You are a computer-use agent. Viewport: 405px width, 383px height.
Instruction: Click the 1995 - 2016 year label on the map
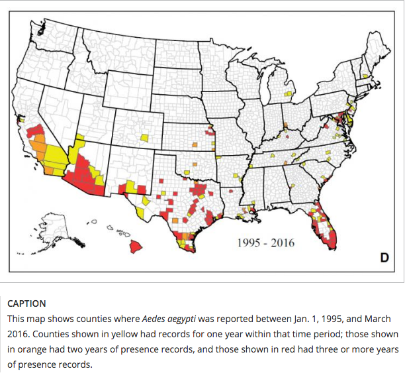tap(265, 243)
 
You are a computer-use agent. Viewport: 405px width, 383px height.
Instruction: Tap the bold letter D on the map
tap(384, 258)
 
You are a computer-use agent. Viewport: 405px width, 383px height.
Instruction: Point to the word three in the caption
tap(326, 349)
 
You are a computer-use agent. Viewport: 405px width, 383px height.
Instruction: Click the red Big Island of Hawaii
tap(136, 246)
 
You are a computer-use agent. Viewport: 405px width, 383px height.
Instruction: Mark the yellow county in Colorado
tap(144, 138)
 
